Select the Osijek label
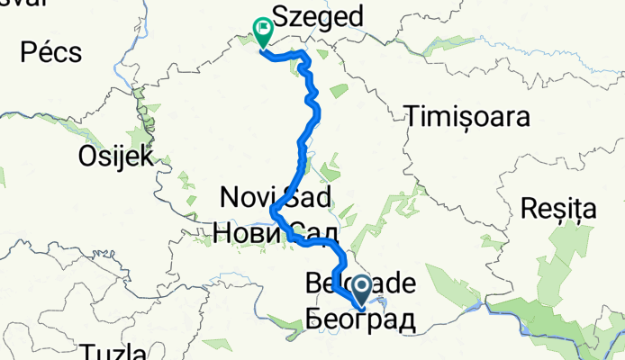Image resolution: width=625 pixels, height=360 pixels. [117, 155]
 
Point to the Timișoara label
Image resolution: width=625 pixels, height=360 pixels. [466, 117]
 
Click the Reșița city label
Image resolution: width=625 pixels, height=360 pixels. [558, 211]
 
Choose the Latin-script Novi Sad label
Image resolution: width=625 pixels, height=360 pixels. [276, 194]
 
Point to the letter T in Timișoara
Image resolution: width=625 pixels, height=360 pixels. [414, 117]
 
